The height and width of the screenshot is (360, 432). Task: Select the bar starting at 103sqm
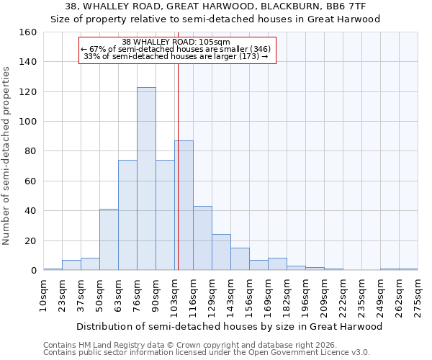184,205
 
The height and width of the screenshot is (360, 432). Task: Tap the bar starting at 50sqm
109,239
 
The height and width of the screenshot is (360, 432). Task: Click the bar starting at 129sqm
221,252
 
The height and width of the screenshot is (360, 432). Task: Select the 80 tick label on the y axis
31,151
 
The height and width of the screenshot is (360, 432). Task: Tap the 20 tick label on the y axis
31,240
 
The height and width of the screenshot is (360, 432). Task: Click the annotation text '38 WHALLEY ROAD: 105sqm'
176,42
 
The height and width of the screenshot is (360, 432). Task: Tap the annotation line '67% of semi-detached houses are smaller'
176,49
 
